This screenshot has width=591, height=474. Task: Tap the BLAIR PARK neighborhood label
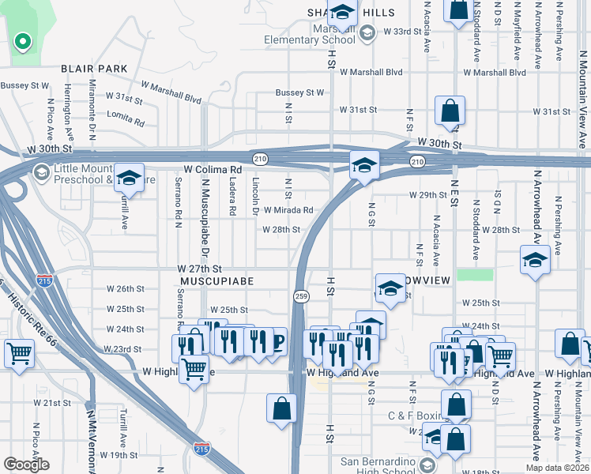94,70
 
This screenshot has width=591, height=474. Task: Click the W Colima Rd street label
213,170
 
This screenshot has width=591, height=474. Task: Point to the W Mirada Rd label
288,210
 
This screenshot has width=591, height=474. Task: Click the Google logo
26,464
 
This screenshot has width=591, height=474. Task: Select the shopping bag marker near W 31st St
449,111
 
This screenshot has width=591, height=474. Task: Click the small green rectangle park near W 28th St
474,275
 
